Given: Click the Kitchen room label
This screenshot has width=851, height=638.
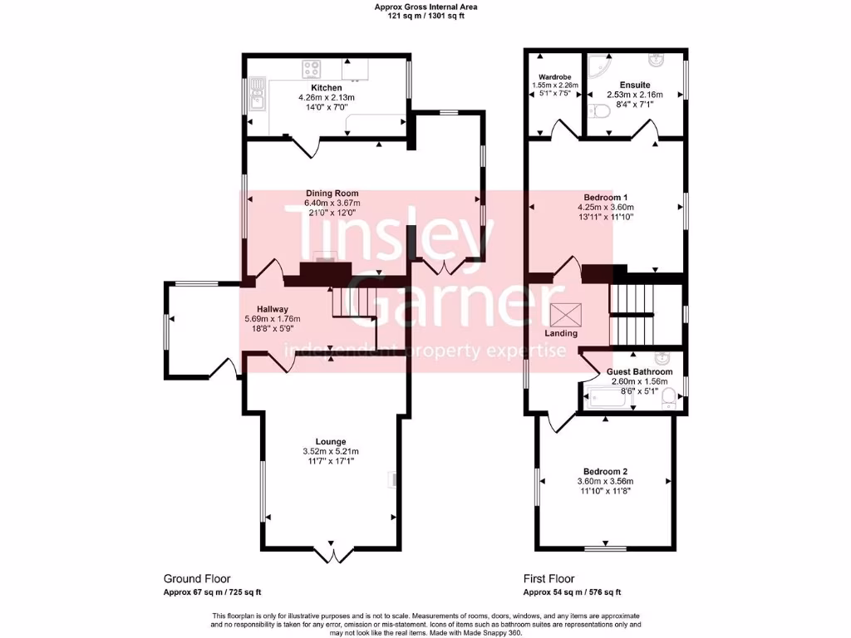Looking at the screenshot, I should (326, 88).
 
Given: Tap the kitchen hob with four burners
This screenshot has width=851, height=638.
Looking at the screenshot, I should (313, 69).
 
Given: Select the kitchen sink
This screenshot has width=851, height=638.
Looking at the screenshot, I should (257, 96).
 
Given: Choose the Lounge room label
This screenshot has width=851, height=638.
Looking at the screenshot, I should (330, 441).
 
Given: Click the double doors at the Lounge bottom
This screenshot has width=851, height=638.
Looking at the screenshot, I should (332, 552).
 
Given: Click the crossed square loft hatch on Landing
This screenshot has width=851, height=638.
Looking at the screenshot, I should (565, 315).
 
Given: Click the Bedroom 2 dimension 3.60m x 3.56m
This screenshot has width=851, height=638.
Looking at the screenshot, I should (605, 481).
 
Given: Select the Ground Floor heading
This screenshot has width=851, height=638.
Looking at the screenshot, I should (197, 579).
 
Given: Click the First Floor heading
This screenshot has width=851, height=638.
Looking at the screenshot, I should (548, 579).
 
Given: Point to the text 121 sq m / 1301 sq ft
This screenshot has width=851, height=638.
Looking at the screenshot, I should (425, 16).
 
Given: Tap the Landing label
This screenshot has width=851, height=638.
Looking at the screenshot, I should (561, 333).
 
